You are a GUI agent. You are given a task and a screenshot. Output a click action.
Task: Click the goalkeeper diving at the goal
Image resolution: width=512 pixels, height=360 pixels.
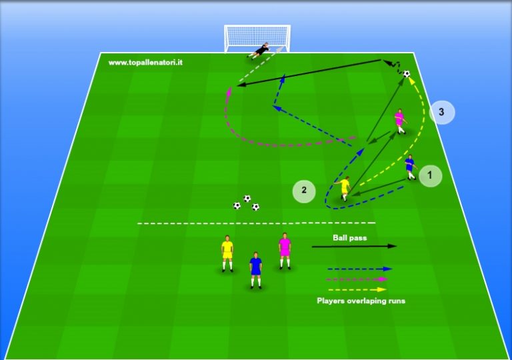pos(260,51)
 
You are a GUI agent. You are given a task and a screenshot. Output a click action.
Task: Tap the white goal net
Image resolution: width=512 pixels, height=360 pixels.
pos(257,38)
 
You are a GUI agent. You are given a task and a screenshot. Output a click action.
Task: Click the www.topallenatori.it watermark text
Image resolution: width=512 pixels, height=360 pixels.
pos(145,63)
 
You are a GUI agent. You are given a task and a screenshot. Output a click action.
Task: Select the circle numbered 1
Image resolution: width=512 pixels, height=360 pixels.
pos(430,176)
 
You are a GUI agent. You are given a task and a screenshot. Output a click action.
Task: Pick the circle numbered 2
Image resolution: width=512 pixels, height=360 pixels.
pos(304,191)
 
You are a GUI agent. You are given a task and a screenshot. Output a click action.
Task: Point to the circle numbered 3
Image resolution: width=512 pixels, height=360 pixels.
pos(441,113)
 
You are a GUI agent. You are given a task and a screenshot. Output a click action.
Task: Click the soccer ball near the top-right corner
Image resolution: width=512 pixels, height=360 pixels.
pos(407,74)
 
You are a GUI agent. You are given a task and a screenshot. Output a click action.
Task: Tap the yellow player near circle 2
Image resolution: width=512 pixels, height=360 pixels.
pos(345,189)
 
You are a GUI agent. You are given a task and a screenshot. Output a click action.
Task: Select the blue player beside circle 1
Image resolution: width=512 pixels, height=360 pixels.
pos(410,167)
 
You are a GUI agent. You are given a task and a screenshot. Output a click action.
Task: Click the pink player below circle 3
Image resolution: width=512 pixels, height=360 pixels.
pos(400,121)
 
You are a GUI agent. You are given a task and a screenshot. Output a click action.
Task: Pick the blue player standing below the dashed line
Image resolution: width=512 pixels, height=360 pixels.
pos(256,270)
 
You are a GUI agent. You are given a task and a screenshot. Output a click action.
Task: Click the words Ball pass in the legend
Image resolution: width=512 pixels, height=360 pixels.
pos(350,238)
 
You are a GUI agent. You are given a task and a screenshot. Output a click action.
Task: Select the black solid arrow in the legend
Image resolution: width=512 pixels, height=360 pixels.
pos(354,246)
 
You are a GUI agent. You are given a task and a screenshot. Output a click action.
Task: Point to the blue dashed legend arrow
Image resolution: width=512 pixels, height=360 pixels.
pos(359,269)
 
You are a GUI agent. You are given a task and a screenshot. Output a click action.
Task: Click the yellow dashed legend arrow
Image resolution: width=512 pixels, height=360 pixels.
pos(357,289)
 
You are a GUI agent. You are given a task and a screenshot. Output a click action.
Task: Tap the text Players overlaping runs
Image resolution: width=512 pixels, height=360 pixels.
pos(361,301)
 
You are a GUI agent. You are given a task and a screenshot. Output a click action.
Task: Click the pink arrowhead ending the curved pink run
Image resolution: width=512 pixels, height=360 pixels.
pos(230,91)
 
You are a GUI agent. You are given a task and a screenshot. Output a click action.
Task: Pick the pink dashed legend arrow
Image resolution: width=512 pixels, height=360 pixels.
pos(357,279)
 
